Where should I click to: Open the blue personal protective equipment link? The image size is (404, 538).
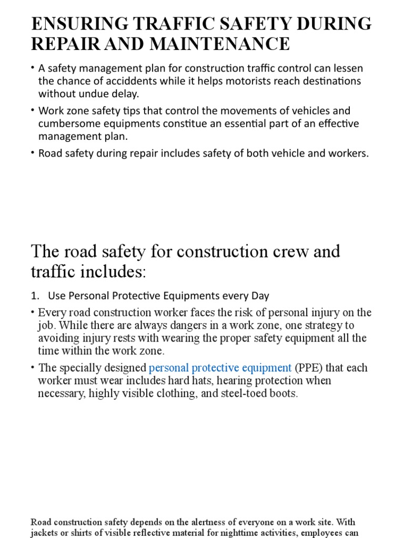coord(220,368)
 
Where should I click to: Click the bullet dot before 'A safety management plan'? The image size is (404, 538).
coord(33,68)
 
